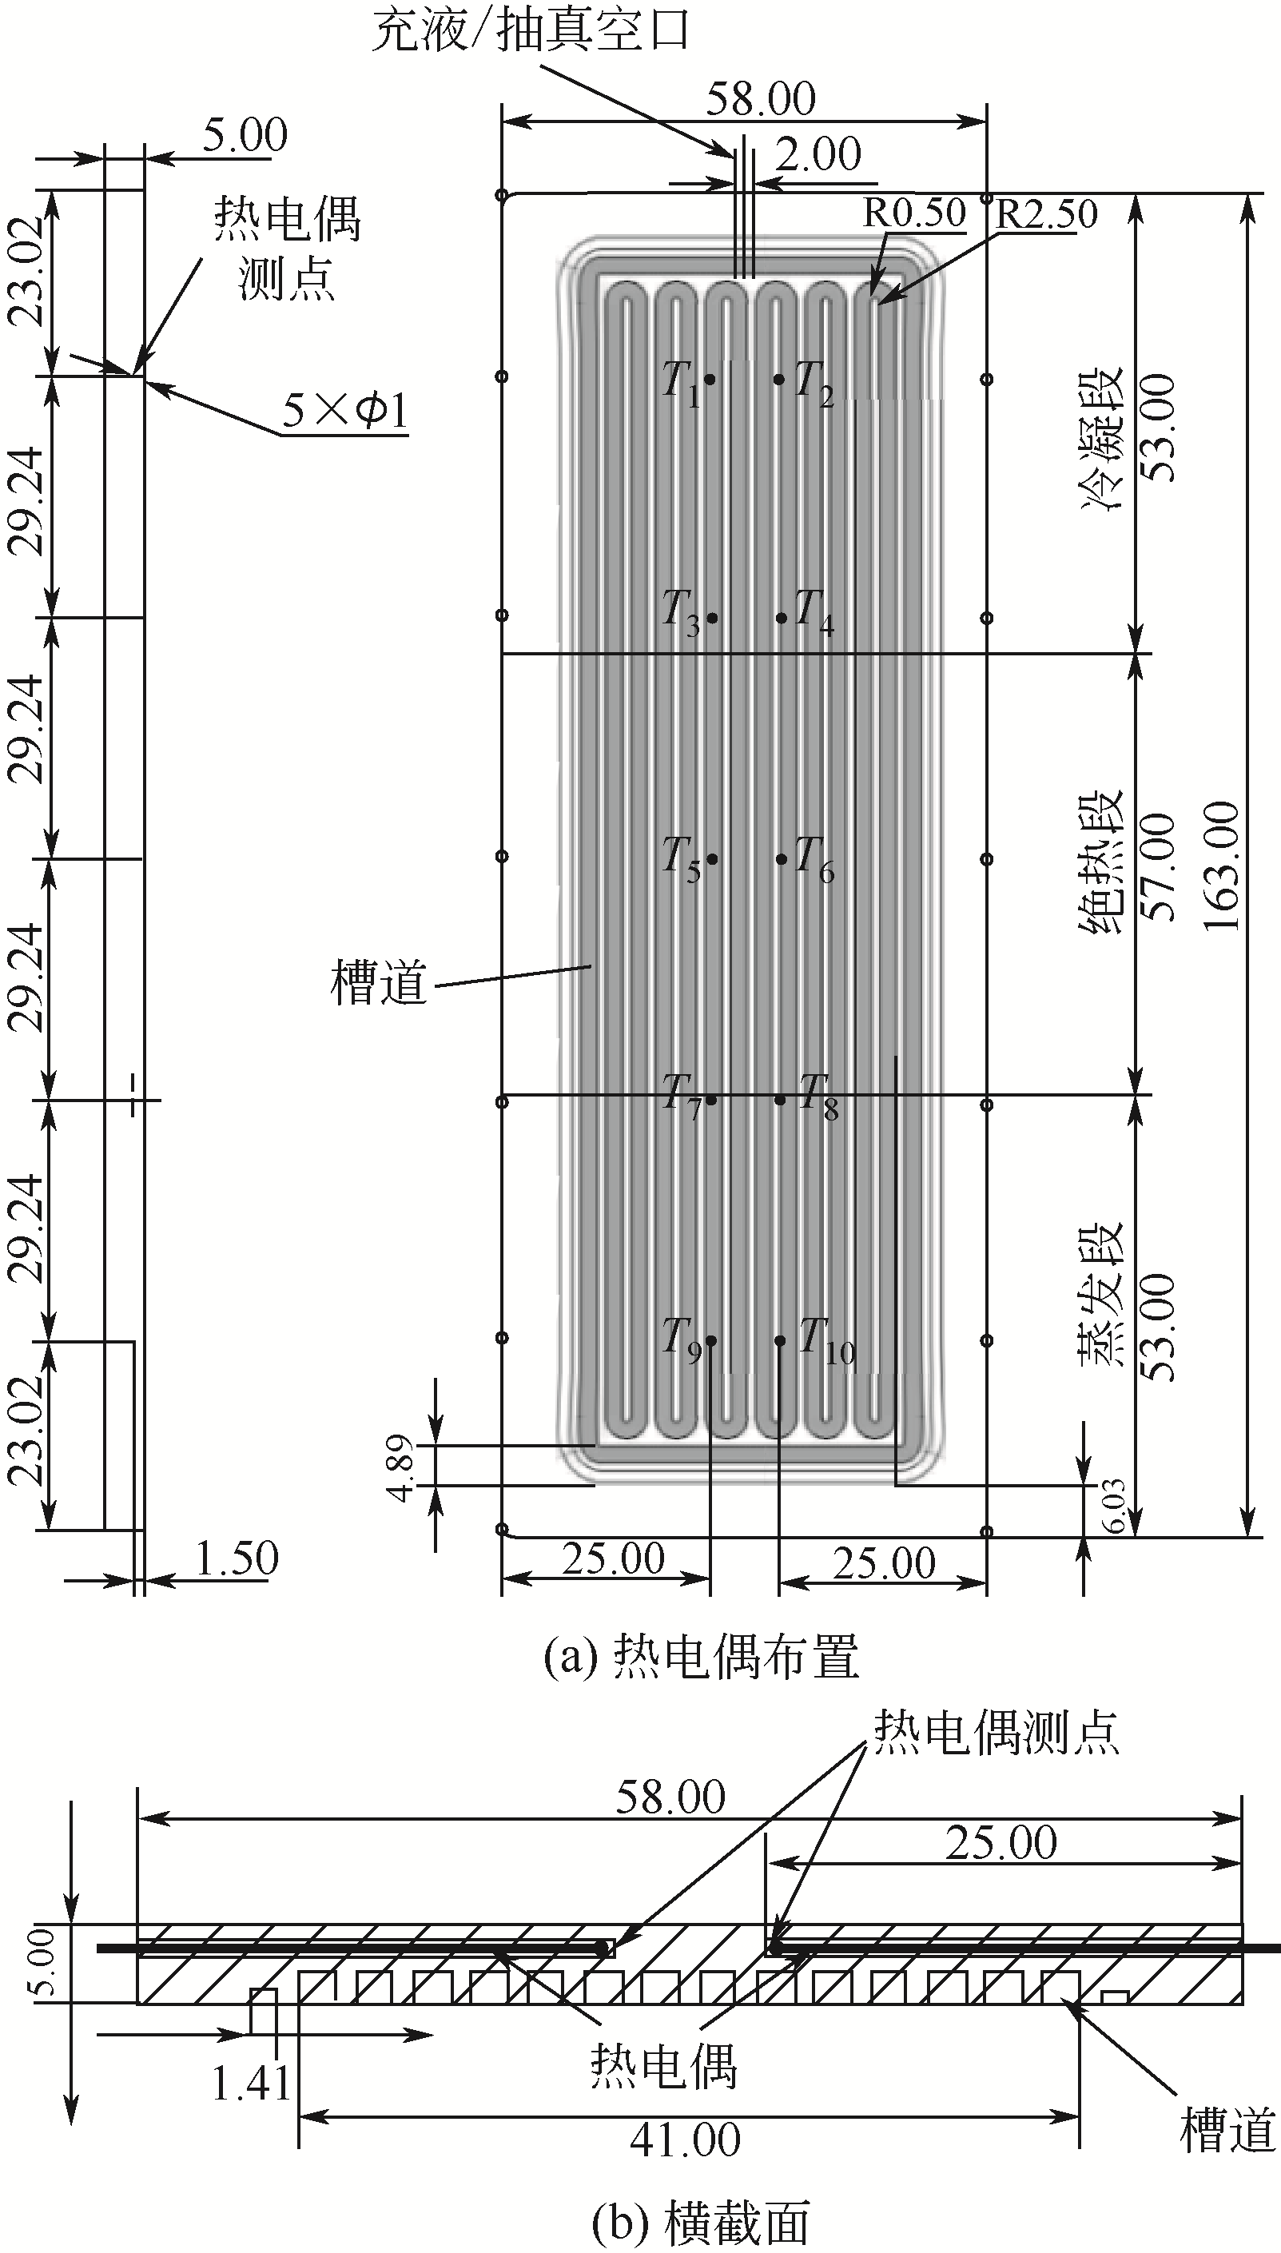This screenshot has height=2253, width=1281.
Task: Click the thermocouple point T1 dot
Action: tap(710, 379)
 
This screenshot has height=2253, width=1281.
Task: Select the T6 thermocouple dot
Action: tap(782, 858)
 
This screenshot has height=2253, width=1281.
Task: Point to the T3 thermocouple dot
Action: tap(712, 618)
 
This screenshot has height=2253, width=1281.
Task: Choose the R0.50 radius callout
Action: tap(913, 213)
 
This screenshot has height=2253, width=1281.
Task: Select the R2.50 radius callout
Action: tap(1046, 213)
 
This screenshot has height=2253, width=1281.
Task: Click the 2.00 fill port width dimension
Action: tap(818, 155)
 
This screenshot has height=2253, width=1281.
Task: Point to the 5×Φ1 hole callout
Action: tap(345, 410)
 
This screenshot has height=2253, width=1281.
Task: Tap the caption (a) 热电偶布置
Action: tap(700, 1658)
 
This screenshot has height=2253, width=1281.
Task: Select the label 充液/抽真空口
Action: tap(531, 34)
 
